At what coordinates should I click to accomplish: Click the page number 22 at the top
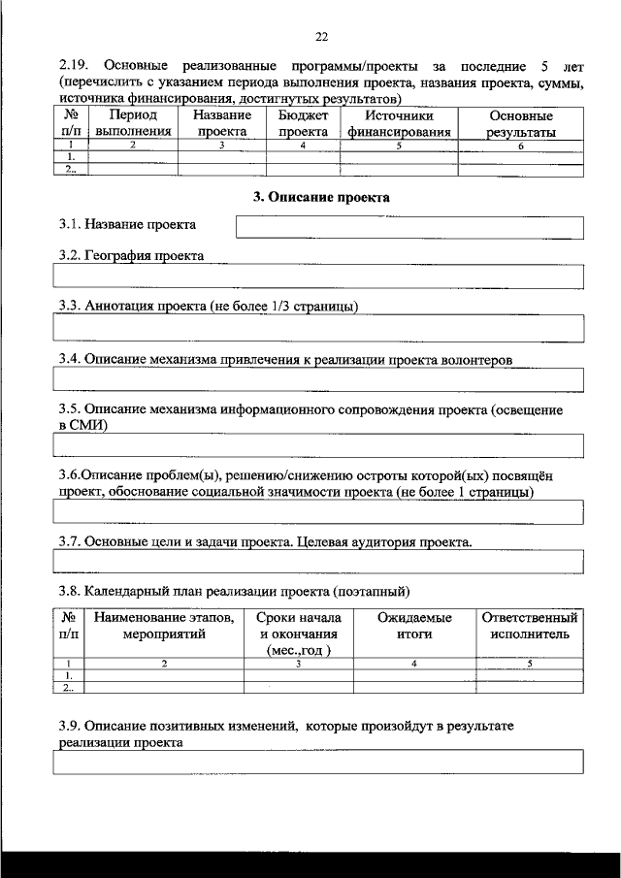pyautogui.click(x=321, y=38)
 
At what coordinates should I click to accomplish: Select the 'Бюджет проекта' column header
pyautogui.click(x=303, y=124)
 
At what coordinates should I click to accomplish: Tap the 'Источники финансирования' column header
pyautogui.click(x=400, y=124)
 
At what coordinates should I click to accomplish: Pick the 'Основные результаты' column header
pyautogui.click(x=521, y=124)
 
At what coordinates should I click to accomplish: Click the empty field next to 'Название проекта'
pyautogui.click(x=409, y=228)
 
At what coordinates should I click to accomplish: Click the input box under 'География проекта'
pyautogui.click(x=318, y=277)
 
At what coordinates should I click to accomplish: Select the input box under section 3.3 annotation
pyautogui.click(x=318, y=329)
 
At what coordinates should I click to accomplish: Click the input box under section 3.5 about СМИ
pyautogui.click(x=318, y=445)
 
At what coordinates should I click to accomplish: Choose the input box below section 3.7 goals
pyautogui.click(x=318, y=562)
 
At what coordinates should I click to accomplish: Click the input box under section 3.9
pyautogui.click(x=318, y=764)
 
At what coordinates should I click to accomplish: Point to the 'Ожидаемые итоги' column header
pyautogui.click(x=413, y=626)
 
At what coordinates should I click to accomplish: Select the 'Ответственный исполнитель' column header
pyautogui.click(x=530, y=626)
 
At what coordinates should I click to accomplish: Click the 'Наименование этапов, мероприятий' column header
pyautogui.click(x=164, y=626)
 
